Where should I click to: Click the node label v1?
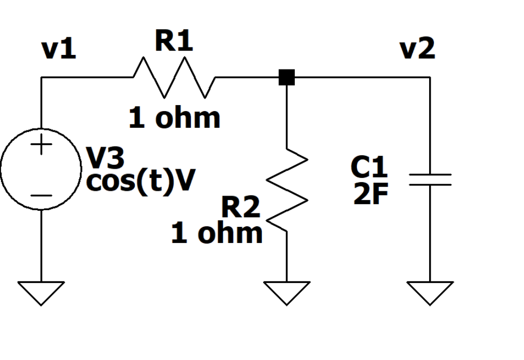(59, 50)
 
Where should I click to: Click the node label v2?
(417, 50)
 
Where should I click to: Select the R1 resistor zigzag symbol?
(174, 78)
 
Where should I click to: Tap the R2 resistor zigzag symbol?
(287, 189)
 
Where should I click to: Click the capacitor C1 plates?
(430, 179)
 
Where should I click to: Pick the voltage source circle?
(41, 170)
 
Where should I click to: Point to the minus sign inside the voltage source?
(42, 196)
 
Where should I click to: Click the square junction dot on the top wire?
(287, 78)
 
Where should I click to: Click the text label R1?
(174, 42)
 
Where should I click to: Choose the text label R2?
(240, 207)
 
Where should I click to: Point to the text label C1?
(369, 168)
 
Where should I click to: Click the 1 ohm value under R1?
(174, 118)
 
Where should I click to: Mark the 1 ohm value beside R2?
(217, 233)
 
